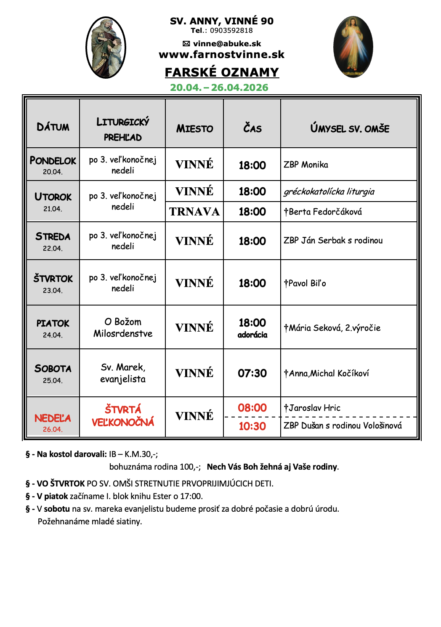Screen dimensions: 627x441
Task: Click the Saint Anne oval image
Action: pos(106,48)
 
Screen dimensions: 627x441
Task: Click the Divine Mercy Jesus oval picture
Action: pos(353,47)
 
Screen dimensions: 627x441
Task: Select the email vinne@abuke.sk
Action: pos(227,44)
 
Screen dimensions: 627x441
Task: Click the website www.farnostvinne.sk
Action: pos(221,55)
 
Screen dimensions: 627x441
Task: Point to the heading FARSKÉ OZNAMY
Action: pos(222,72)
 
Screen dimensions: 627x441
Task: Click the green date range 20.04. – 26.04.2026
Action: pos(219,88)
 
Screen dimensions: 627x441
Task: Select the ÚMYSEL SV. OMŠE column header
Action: pos(349,129)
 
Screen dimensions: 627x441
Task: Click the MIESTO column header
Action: pos(194,129)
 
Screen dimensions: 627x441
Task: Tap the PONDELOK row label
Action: pos(53,161)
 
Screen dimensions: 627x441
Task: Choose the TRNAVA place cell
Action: pos(194,212)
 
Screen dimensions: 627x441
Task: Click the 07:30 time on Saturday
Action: pos(252,373)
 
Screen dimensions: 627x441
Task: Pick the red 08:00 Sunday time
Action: pos(252,408)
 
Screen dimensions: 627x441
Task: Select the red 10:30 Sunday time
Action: pos(252,426)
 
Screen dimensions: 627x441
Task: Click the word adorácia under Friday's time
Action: pos(252,335)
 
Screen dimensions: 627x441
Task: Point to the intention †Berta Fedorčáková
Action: pos(323,212)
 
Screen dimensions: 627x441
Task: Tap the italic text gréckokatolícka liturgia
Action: pos(329,192)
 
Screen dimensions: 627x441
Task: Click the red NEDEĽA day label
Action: pos(53,418)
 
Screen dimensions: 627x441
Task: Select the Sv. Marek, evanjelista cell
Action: pos(123,373)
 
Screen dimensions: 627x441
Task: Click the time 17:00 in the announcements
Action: pos(191,496)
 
